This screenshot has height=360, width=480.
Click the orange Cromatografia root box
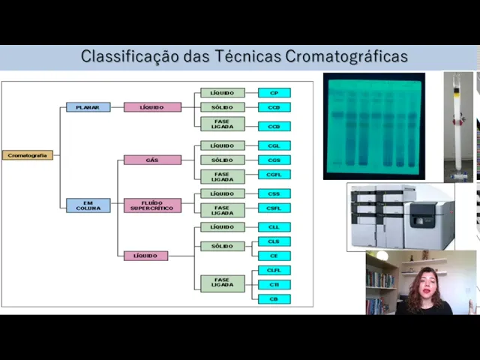[x=28, y=155]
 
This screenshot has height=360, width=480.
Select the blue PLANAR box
[x=88, y=107]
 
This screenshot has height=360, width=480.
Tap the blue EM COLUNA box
[x=88, y=205]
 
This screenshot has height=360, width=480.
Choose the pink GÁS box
[x=152, y=160]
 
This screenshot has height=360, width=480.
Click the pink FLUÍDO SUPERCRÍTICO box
[x=152, y=205]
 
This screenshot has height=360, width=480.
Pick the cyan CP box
[x=274, y=93]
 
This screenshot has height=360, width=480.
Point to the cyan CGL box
[x=274, y=145]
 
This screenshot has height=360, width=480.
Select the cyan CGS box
[x=274, y=160]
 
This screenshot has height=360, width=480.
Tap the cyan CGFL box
[x=274, y=175]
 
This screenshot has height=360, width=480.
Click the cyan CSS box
[x=274, y=193]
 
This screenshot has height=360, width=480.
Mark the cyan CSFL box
[x=274, y=208]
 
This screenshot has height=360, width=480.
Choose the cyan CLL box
[x=274, y=227]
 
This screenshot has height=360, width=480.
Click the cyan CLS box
[x=274, y=241]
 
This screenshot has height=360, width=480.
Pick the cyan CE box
[x=274, y=256]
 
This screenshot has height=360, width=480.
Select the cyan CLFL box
[x=274, y=270]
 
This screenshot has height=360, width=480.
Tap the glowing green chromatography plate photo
[x=373, y=126]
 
